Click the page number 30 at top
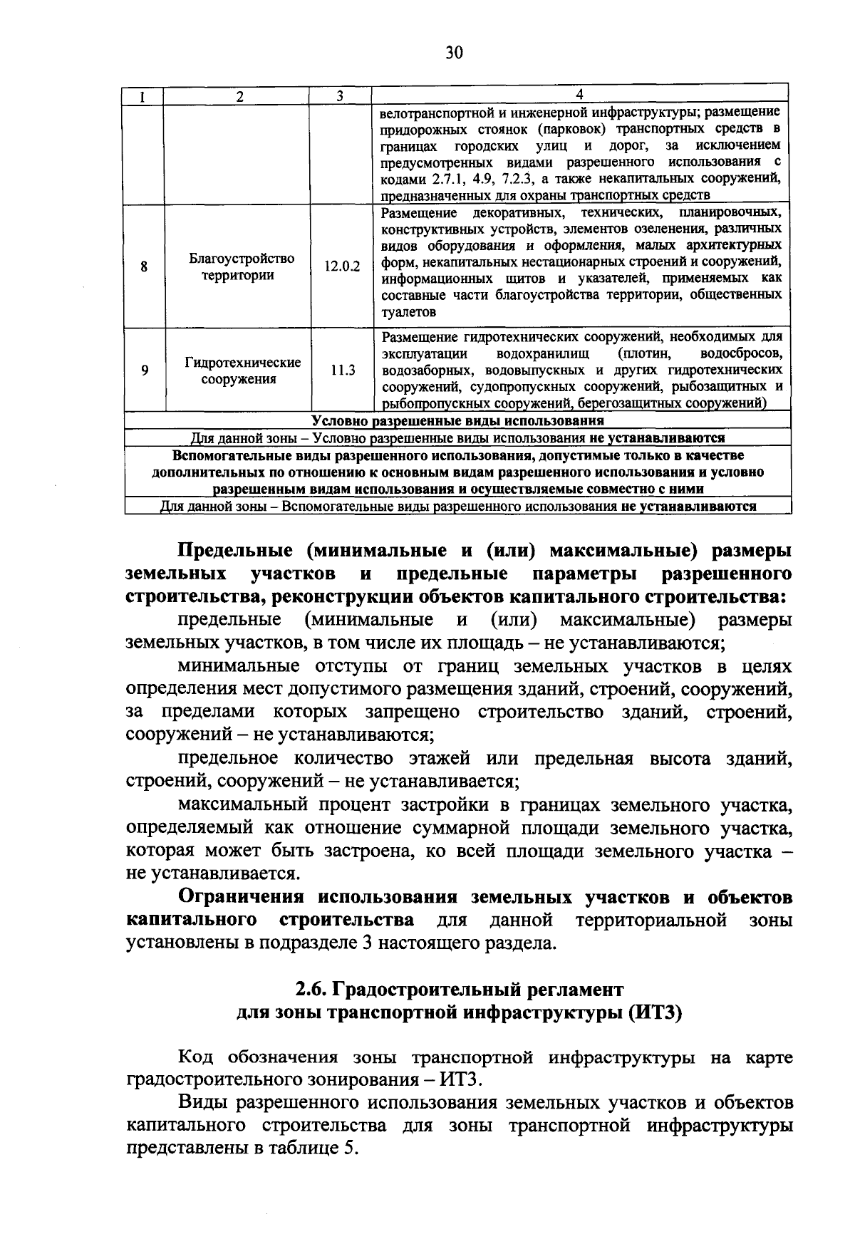[x=454, y=53]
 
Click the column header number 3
[x=340, y=96]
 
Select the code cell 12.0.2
[x=342, y=266]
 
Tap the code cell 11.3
[x=342, y=370]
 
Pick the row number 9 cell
[x=144, y=370]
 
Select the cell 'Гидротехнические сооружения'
[x=242, y=370]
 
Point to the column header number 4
[x=579, y=95]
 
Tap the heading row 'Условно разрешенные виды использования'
[x=456, y=421]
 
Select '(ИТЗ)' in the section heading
[x=655, y=1012]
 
